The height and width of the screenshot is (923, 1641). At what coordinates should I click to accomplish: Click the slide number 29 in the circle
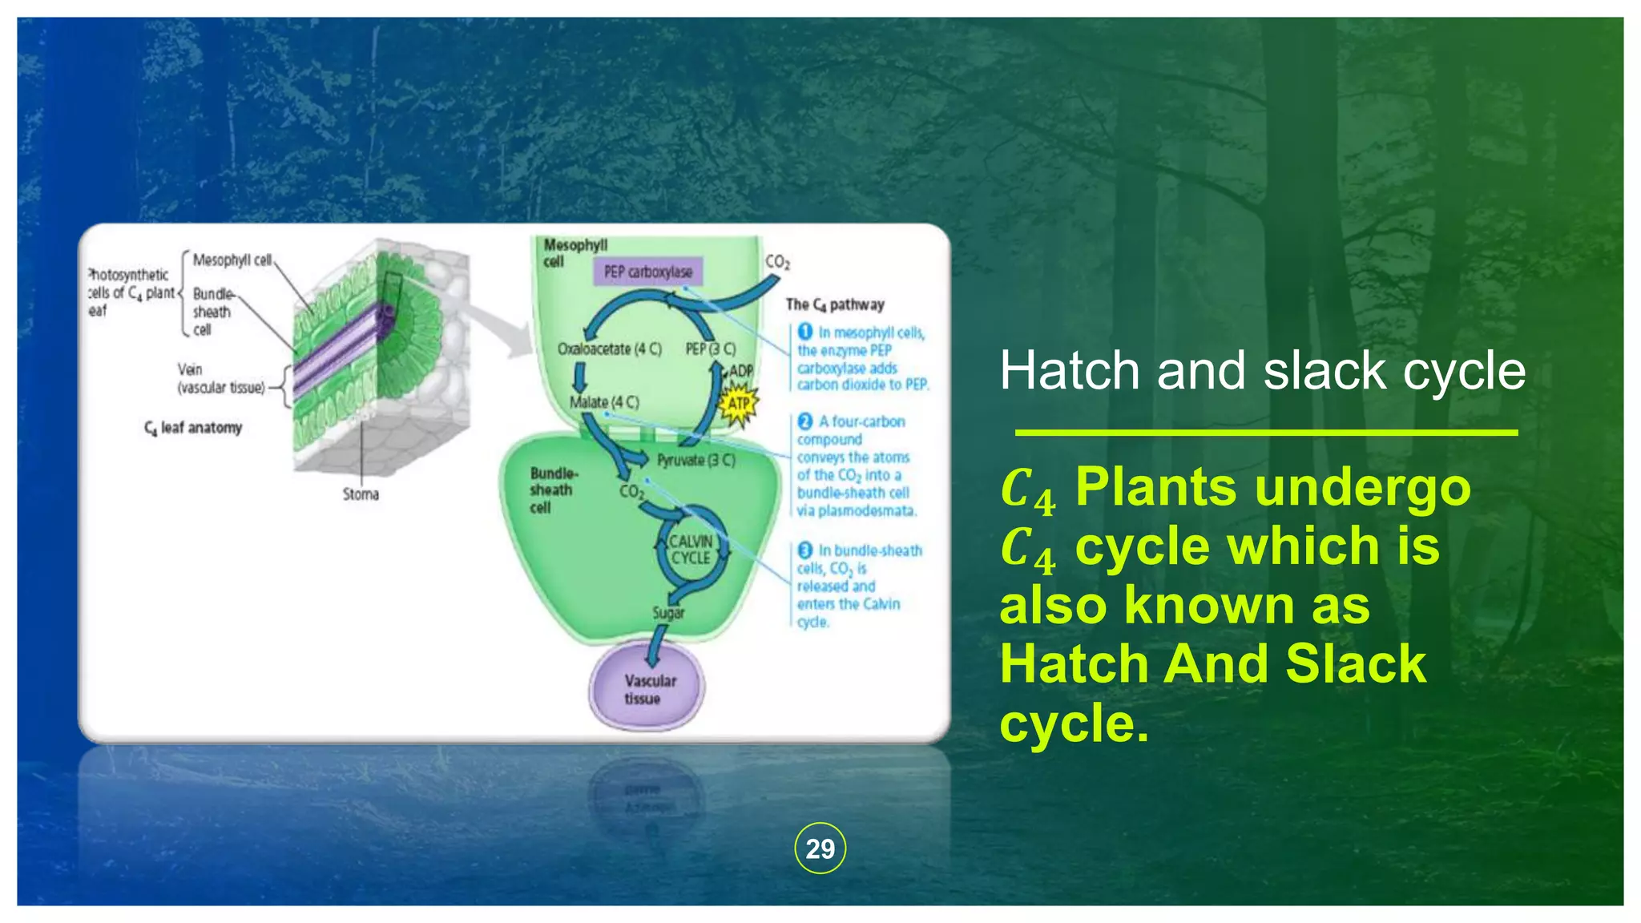[820, 848]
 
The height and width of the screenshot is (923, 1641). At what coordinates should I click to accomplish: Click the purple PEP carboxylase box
[648, 272]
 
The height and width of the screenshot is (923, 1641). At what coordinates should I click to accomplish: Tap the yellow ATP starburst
[738, 403]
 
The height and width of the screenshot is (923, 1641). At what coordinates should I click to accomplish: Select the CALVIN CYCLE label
[691, 550]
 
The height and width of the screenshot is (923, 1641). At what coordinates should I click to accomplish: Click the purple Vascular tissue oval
[647, 689]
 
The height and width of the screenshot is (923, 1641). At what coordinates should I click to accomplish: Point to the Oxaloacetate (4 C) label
[610, 349]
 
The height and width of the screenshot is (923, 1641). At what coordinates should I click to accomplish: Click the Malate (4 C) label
[604, 401]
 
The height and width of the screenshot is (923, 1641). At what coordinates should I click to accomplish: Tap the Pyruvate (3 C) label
[696, 460]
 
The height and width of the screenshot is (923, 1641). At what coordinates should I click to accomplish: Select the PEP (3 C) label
[710, 349]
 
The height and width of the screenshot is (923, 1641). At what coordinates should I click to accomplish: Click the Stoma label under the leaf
[361, 494]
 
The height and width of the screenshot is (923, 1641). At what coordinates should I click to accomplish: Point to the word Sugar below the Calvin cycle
[668, 613]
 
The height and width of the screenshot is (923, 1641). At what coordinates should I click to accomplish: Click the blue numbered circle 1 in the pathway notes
[805, 332]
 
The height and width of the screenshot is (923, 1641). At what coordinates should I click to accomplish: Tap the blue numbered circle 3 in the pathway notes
[805, 550]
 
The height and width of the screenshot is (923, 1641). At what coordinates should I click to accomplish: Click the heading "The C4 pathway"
[835, 304]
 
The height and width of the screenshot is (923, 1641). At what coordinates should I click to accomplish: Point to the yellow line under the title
[1266, 433]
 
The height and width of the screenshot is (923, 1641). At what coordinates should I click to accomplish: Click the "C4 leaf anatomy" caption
[193, 428]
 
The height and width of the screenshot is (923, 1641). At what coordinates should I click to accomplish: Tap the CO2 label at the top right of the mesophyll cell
[777, 262]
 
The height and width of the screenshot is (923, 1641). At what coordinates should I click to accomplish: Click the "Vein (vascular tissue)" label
[220, 379]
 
